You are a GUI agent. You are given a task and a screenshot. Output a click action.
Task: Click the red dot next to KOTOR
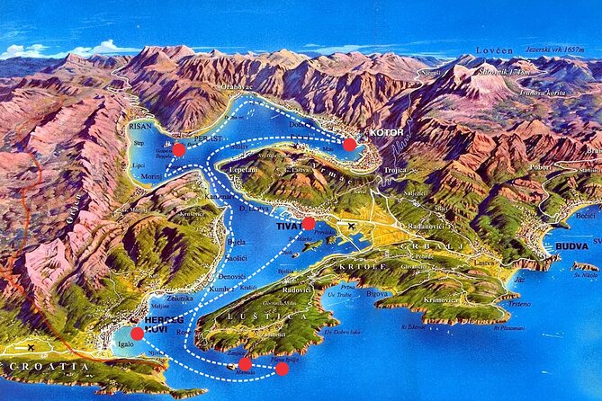click(x=349, y=144)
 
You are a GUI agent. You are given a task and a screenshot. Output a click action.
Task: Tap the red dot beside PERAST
click(x=179, y=149)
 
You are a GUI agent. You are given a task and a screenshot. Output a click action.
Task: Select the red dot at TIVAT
click(x=309, y=223)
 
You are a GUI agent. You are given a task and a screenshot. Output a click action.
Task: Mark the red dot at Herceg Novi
click(x=137, y=333)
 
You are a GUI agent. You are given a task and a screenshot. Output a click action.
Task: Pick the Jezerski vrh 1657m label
click(x=558, y=42)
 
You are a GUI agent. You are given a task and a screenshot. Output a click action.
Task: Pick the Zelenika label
click(x=179, y=297)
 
